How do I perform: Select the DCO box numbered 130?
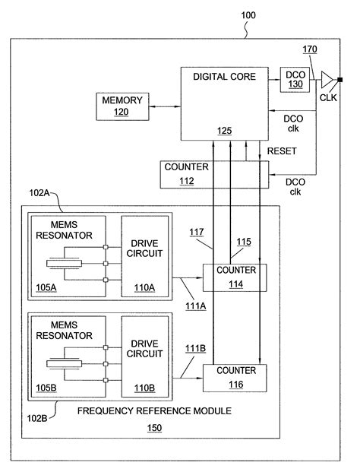click(294, 79)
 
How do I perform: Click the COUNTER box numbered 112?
click(194, 175)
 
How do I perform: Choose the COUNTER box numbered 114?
click(235, 277)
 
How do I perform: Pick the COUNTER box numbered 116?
click(235, 377)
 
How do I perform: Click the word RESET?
click(281, 151)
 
